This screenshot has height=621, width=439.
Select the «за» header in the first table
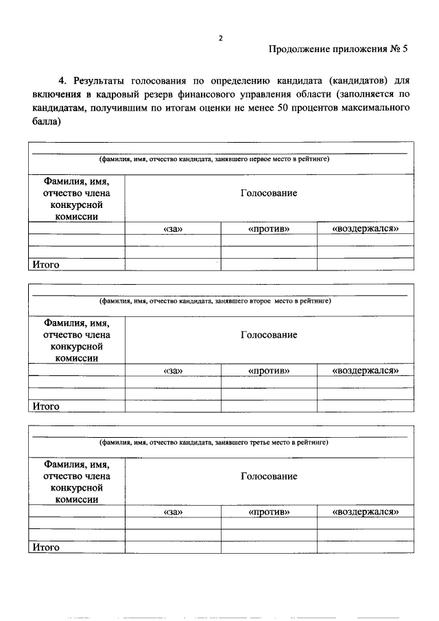173,229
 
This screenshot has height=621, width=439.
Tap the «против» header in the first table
269,229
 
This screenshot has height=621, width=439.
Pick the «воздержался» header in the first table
365,229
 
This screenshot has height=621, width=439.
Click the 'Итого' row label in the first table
46,264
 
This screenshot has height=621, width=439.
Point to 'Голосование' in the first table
269,194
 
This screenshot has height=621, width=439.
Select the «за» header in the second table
173,371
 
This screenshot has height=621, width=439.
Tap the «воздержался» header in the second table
365,371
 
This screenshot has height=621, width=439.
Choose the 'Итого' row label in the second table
46,406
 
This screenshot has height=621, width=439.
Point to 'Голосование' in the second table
269,335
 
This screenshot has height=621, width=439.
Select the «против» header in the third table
269,513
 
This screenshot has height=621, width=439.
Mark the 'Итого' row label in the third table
46,548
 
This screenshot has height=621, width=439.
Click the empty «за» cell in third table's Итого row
173,548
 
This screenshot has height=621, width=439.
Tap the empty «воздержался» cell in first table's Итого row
365,264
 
